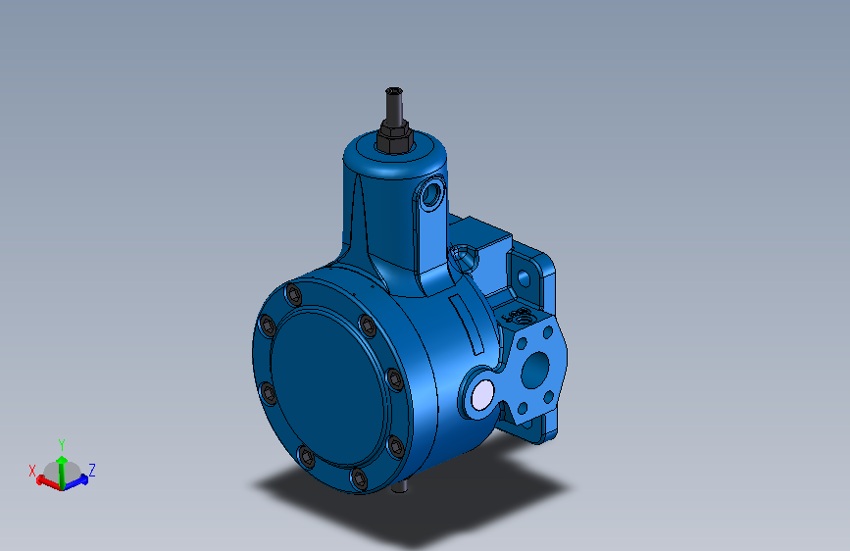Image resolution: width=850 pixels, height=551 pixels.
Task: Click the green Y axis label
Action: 62,444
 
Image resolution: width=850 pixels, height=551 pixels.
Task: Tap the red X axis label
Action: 32,470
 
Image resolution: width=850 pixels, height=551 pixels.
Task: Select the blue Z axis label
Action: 92,470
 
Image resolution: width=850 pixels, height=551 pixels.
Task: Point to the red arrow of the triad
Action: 44,480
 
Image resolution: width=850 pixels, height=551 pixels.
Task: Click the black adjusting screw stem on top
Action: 393,102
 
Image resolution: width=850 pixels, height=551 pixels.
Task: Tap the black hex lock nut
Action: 393,137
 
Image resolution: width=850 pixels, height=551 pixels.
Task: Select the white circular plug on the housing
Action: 482,395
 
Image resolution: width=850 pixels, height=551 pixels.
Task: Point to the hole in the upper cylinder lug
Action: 428,193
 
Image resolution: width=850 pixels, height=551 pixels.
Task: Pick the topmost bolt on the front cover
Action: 293,295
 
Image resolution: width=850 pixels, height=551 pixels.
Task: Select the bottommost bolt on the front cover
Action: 359,479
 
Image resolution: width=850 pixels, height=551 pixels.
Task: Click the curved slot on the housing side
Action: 468,326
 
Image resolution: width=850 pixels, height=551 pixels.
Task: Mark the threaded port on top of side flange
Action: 520,317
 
